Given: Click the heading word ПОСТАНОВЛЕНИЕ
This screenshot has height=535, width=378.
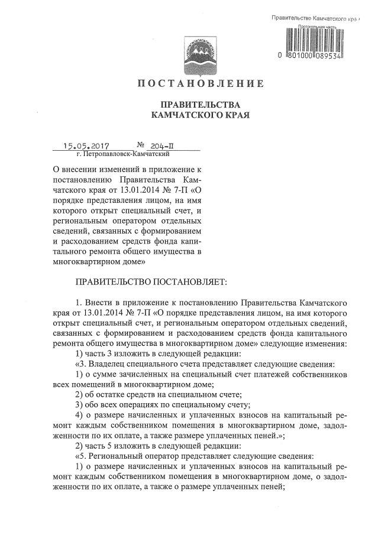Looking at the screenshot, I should coord(200,83).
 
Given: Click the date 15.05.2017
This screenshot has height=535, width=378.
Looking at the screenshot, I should coord(89,145).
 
